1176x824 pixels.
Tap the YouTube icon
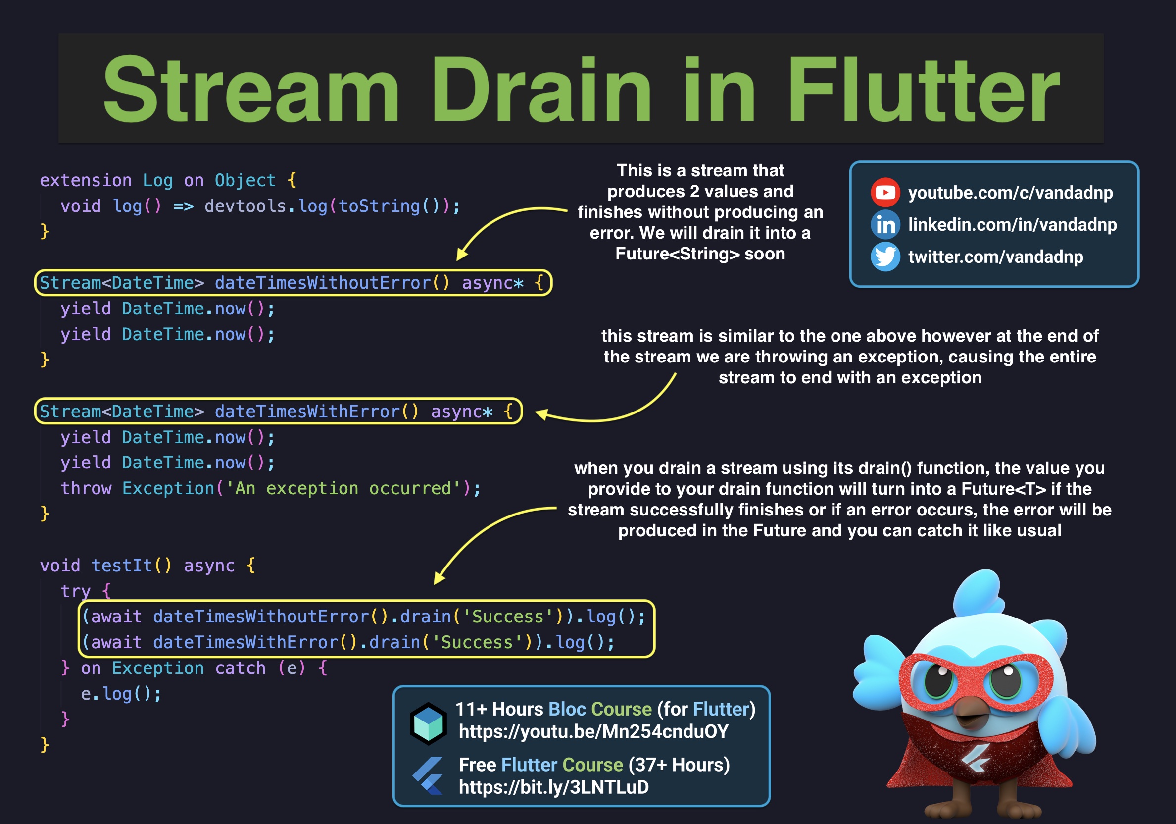(x=884, y=193)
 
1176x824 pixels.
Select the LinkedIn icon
(x=884, y=224)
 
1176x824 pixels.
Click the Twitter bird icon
(x=884, y=257)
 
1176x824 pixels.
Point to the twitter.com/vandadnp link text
(x=995, y=257)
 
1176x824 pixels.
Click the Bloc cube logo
(x=428, y=723)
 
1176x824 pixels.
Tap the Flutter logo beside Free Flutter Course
(x=428, y=776)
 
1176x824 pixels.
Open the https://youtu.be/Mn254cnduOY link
(x=593, y=732)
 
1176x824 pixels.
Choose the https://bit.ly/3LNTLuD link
(x=553, y=787)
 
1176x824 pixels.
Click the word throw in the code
(x=86, y=488)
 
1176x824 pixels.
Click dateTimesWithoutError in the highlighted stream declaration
(x=323, y=283)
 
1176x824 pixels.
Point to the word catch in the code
(x=240, y=668)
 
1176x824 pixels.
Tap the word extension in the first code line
(x=86, y=180)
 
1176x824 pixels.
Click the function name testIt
(x=121, y=565)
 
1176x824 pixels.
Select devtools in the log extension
(x=245, y=206)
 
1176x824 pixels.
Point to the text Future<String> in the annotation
(x=677, y=254)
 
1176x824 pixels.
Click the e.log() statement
(x=121, y=694)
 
